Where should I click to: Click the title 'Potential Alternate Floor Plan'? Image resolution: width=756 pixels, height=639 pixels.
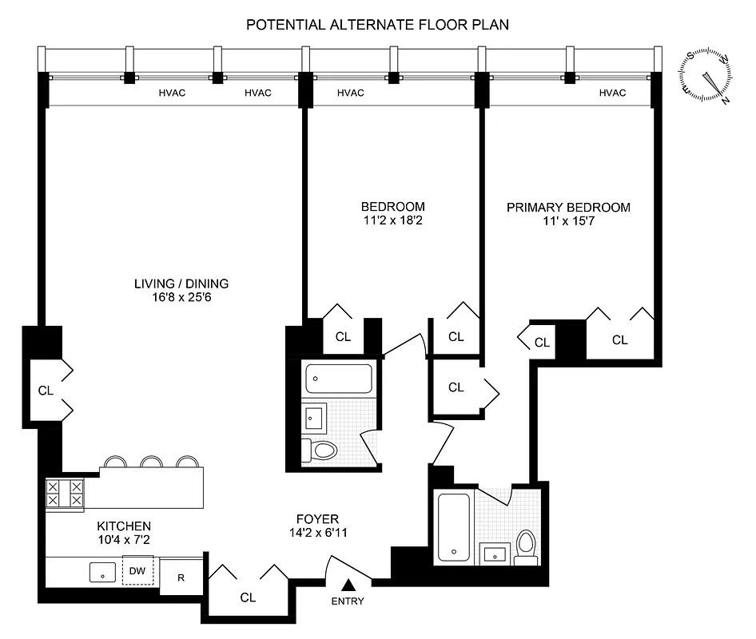click(x=377, y=25)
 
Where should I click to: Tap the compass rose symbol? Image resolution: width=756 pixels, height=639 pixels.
click(x=707, y=77)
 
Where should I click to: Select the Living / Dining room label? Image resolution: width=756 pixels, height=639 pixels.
click(x=181, y=284)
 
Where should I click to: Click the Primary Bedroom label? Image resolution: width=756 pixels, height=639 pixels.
click(x=568, y=208)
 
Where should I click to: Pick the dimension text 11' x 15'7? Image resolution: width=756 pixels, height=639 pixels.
click(x=568, y=221)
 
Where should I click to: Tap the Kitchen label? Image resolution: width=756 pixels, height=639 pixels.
click(x=124, y=526)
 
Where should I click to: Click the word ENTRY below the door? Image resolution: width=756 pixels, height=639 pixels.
click(x=348, y=601)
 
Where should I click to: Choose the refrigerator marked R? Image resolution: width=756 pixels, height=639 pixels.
click(x=181, y=577)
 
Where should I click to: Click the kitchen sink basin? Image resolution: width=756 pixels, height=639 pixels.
click(x=102, y=572)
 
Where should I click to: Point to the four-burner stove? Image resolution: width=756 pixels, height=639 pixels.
click(x=65, y=492)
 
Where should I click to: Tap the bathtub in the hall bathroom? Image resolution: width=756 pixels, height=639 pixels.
click(x=339, y=378)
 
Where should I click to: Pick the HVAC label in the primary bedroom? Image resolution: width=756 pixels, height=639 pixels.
click(x=612, y=93)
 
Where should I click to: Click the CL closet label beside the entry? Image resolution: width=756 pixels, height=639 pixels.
click(x=247, y=597)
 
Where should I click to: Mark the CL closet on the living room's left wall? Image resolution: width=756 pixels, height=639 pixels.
click(x=46, y=391)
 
